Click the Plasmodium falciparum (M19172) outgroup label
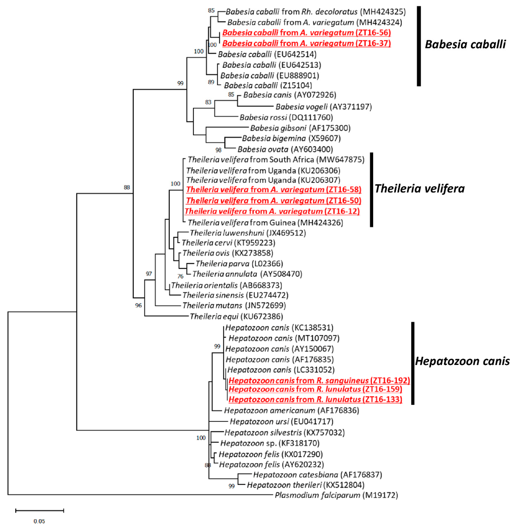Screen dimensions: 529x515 [x=336, y=495]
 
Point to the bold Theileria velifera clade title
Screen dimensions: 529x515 [x=420, y=189]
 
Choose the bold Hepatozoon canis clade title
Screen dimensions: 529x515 [x=462, y=361]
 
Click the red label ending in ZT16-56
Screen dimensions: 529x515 [x=306, y=33]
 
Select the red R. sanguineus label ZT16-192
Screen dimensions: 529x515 [x=319, y=380]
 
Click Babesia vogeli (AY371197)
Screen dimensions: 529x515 [x=324, y=107]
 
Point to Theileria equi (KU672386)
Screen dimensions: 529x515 [x=236, y=316]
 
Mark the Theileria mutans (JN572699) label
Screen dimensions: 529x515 [x=234, y=306]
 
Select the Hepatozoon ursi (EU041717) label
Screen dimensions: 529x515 [x=281, y=421]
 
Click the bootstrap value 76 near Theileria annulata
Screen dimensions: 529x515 [x=180, y=276]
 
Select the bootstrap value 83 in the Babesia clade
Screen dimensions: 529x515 [x=208, y=102]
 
